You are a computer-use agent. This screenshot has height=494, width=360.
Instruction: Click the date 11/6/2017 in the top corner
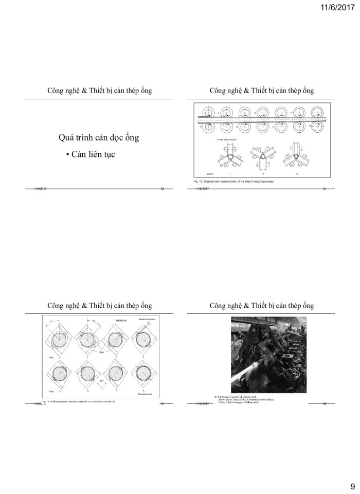tap(336, 7)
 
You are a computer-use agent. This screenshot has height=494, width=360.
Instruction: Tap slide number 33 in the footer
tap(163, 189)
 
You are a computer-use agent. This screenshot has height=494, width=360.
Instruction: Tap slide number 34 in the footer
tap(325, 189)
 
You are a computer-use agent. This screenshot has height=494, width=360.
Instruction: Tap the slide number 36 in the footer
tap(325, 403)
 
